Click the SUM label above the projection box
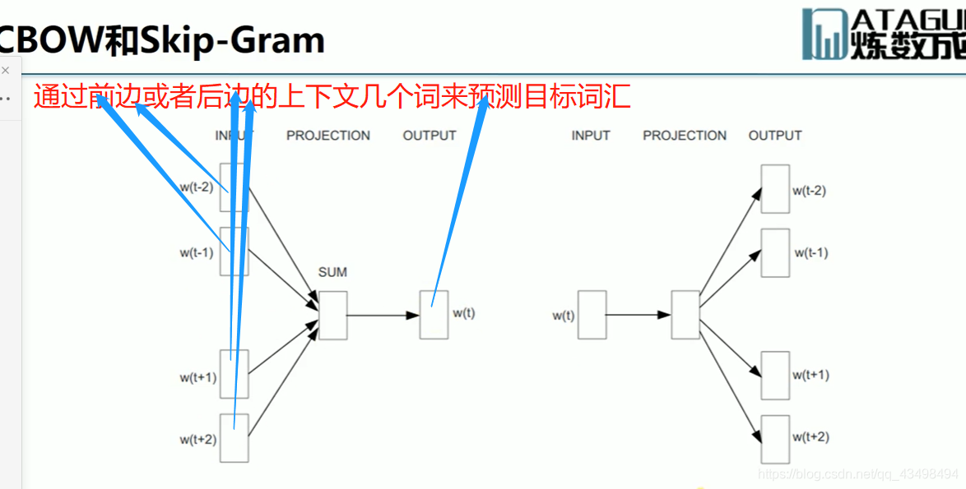click(x=332, y=272)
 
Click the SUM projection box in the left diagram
click(x=332, y=315)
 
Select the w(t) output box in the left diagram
click(x=434, y=315)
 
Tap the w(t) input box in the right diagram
click(x=592, y=315)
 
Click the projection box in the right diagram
click(x=685, y=315)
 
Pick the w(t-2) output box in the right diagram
click(x=775, y=189)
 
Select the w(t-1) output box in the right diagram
click(x=775, y=252)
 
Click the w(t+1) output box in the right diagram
click(x=775, y=376)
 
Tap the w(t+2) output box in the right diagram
click(x=775, y=439)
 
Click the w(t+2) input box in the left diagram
click(x=235, y=439)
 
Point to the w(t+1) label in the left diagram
click(x=198, y=378)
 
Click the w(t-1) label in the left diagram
click(x=197, y=252)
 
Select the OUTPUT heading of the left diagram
click(x=429, y=136)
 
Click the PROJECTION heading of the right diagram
click(x=685, y=136)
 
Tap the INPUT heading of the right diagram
click(x=591, y=136)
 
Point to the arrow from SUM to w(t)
click(x=383, y=315)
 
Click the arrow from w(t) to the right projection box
click(x=638, y=315)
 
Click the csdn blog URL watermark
click(x=857, y=474)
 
